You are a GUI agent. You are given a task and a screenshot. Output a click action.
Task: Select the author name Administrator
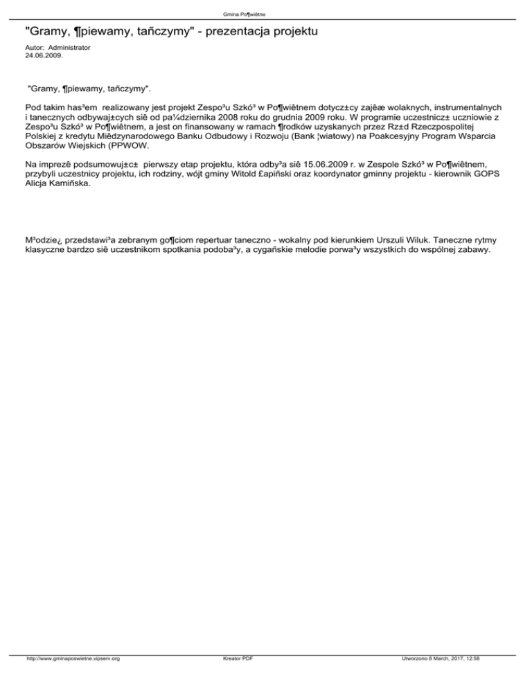[x=69, y=47]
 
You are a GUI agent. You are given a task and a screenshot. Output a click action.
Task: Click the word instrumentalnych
[x=463, y=108]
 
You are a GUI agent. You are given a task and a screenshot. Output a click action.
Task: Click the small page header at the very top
[x=266, y=14]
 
